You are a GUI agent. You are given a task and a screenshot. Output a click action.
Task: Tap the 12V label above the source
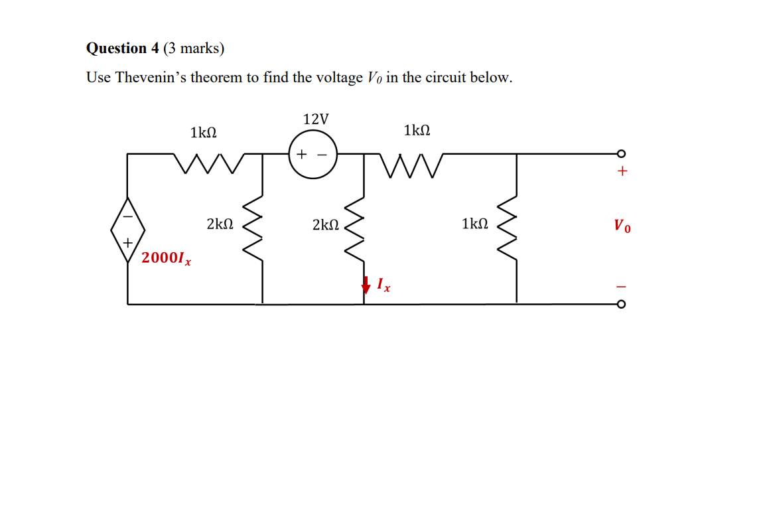315,119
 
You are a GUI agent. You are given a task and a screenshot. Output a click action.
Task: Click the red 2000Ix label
166,258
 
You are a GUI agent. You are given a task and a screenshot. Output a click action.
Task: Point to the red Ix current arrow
365,285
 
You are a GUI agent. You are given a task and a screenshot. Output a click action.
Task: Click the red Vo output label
622,226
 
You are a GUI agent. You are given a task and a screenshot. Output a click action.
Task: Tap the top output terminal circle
621,154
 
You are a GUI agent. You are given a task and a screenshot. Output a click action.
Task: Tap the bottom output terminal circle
621,305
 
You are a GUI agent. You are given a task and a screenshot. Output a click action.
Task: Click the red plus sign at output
622,172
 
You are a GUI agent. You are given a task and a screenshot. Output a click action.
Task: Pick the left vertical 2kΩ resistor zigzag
263,226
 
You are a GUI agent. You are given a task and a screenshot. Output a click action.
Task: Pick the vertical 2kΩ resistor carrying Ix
364,226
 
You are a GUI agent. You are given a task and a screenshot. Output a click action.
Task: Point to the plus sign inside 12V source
302,155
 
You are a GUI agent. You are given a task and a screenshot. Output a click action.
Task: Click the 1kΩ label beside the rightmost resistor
475,224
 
